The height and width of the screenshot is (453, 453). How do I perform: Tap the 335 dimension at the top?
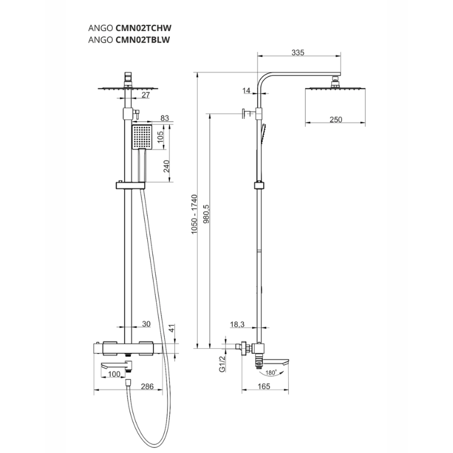tap(298, 53)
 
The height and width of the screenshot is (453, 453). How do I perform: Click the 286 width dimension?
tap(147, 386)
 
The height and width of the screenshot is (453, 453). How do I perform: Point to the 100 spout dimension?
tap(114, 374)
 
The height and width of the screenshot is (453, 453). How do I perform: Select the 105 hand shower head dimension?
tap(160, 137)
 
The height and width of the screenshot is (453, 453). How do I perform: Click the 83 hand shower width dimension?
tap(165, 118)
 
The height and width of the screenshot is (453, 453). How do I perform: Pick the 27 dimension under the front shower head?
tap(146, 95)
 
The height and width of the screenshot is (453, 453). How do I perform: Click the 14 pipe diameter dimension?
tap(245, 91)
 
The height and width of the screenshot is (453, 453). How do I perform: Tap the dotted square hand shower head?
tap(142, 138)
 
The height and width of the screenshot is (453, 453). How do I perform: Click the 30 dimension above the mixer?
tap(146, 324)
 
